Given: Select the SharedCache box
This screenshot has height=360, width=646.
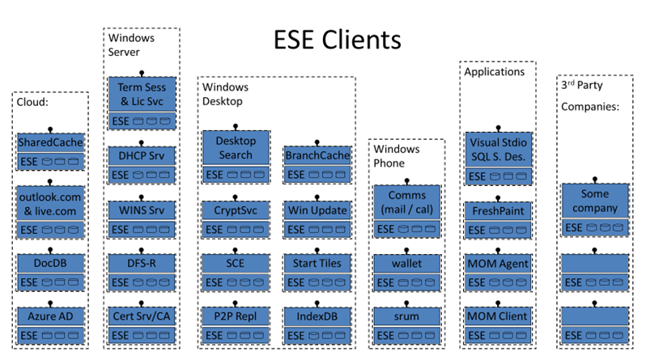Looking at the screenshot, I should pyautogui.click(x=50, y=142).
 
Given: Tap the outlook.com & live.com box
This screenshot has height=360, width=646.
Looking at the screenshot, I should pyautogui.click(x=50, y=202).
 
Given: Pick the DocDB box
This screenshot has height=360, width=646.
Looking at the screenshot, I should pyautogui.click(x=50, y=264).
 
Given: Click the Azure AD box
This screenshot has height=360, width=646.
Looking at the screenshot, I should pyautogui.click(x=50, y=316).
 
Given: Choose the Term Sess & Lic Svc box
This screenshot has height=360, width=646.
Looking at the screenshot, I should pyautogui.click(x=142, y=94).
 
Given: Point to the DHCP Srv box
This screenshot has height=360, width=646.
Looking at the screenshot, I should pyautogui.click(x=142, y=155).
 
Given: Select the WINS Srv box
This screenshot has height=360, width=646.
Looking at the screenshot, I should pyautogui.click(x=142, y=210).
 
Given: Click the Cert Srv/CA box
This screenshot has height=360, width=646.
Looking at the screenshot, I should pyautogui.click(x=142, y=316).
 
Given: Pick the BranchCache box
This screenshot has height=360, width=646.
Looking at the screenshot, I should pyautogui.click(x=317, y=155).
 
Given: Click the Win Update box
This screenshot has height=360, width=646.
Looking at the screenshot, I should pyautogui.click(x=317, y=210).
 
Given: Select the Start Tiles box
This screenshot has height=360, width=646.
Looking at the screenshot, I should pyautogui.click(x=317, y=263).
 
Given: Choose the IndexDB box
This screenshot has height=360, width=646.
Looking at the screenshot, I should pyautogui.click(x=317, y=316).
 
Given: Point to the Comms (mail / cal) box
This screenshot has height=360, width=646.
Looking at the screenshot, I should pyautogui.click(x=406, y=201).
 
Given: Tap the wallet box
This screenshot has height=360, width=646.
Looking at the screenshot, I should pyautogui.click(x=406, y=263).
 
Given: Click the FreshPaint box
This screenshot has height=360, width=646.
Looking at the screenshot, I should pyautogui.click(x=497, y=210).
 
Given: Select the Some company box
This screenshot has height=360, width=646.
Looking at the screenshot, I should pyautogui.click(x=596, y=201).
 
